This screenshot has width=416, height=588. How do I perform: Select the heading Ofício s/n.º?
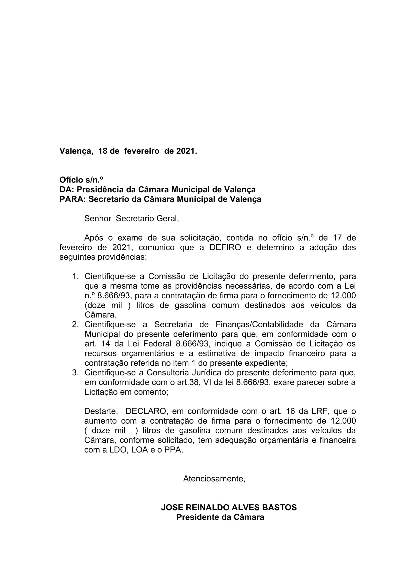tap(81, 180)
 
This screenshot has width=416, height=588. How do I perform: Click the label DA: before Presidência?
tap(67, 190)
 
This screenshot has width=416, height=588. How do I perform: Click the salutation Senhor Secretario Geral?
tap(131, 219)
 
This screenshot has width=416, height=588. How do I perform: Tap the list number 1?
tap(75, 277)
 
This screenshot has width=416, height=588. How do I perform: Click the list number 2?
tap(75, 325)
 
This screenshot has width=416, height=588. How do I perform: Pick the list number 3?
tap(75, 373)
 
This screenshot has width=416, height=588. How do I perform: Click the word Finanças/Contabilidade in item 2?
tap(259, 325)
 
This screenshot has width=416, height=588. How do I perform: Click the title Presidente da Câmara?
tap(220, 517)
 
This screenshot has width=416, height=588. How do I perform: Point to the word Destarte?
tap(101, 412)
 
